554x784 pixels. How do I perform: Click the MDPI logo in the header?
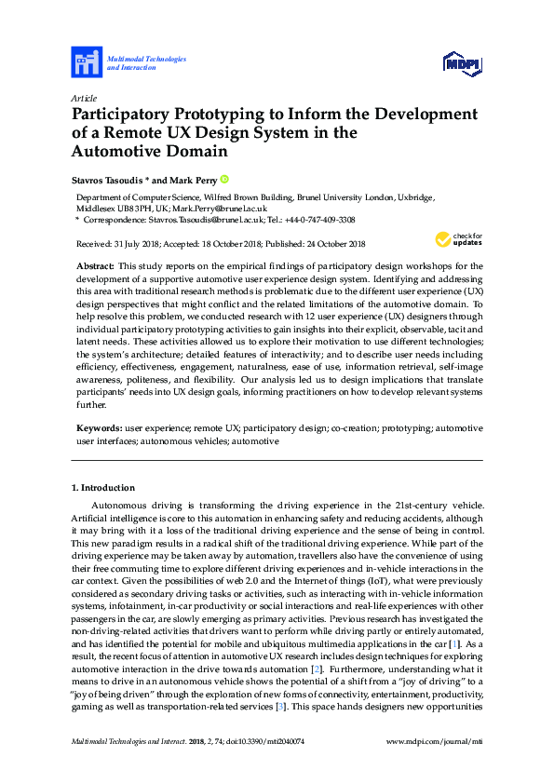(x=462, y=63)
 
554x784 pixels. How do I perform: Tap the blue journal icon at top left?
(x=87, y=62)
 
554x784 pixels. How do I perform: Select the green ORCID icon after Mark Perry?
(x=225, y=179)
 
